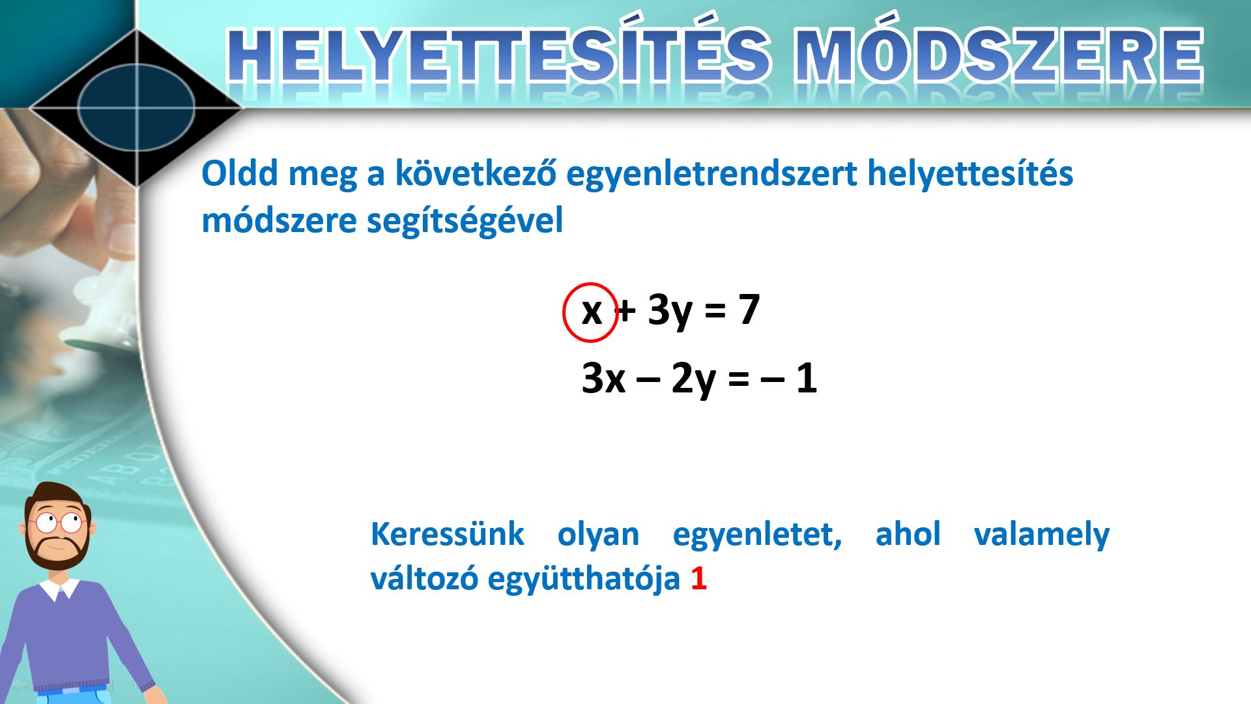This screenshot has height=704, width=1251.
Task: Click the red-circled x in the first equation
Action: tap(591, 312)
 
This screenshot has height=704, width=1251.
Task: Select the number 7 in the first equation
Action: tap(749, 309)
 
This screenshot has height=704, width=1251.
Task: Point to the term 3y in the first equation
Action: tap(670, 312)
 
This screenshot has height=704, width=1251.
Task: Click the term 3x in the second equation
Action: tap(603, 377)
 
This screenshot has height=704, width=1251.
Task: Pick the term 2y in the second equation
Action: tap(693, 380)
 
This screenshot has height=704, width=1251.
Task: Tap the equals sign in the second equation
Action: tap(738, 379)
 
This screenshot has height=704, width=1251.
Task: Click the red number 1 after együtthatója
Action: tap(698, 578)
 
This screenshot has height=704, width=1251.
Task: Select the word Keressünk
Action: tap(447, 534)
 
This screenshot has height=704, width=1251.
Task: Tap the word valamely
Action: tap(1041, 535)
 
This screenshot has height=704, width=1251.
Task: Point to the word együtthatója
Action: tap(584, 579)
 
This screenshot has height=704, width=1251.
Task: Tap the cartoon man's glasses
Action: tap(57, 522)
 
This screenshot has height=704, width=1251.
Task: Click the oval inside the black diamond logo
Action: tap(137, 108)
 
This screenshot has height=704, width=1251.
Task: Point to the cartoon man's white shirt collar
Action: tap(59, 589)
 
